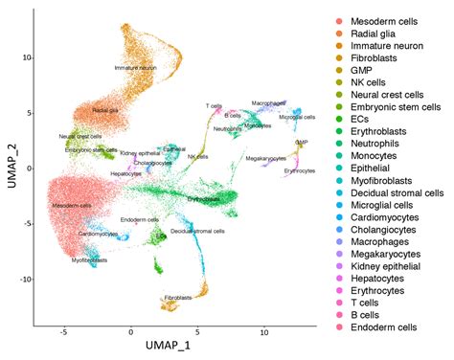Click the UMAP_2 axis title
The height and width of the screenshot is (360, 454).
[12, 168]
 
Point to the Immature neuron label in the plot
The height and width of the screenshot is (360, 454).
[132, 68]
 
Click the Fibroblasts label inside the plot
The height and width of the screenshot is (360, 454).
[179, 298]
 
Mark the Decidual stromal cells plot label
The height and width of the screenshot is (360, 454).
[198, 231]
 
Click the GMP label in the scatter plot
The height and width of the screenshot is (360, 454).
[301, 142]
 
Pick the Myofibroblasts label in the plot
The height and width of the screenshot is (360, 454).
[89, 259]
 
